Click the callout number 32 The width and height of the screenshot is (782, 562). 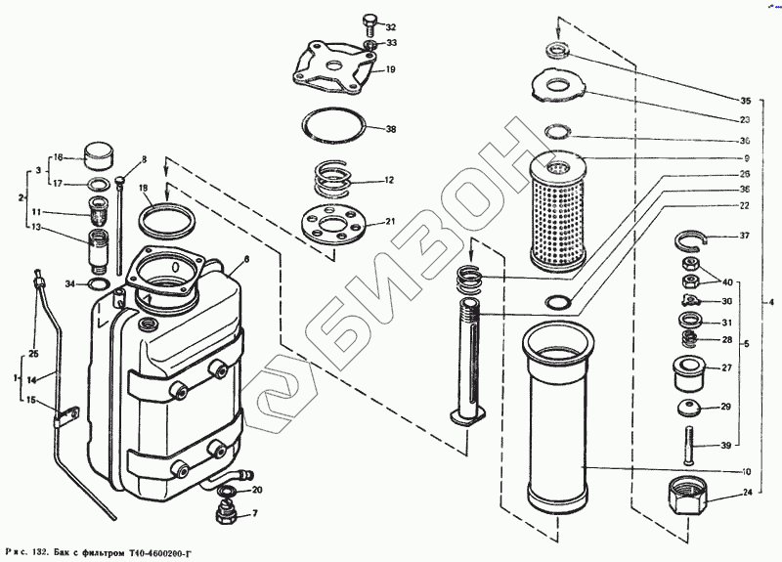[x=391, y=26]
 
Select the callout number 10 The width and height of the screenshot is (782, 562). [x=745, y=473]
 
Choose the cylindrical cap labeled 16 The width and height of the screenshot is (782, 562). [x=97, y=155]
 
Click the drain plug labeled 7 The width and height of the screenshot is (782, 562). [x=224, y=511]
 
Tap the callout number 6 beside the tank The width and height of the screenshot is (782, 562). [x=246, y=259]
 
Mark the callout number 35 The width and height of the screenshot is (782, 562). [x=745, y=101]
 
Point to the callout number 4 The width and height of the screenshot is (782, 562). [x=770, y=302]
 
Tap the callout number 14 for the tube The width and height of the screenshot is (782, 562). [x=31, y=379]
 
